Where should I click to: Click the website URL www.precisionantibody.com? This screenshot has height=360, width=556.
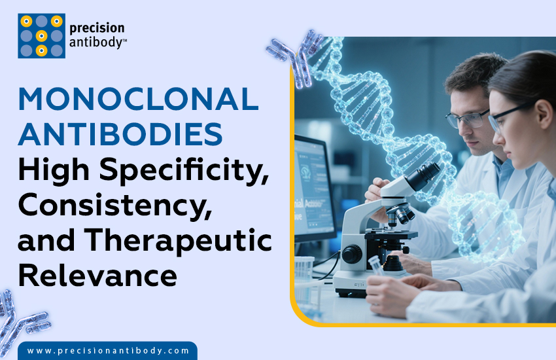point(109,351)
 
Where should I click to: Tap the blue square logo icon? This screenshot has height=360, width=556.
point(41,36)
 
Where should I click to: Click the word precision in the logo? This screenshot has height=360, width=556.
point(97,28)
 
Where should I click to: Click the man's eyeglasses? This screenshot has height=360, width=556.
point(466,117)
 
